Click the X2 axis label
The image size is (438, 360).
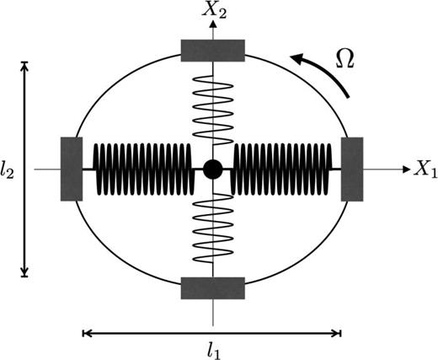coord(215,11)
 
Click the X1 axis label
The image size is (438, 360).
coord(426,169)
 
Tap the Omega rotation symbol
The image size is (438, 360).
coord(345,59)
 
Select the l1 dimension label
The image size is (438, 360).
coord(212,351)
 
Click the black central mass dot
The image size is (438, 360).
coord(213,169)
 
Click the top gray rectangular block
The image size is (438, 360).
coord(213,51)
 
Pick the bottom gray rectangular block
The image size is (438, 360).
coord(213,288)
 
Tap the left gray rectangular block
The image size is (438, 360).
coord(72,169)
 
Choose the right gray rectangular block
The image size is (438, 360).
coord(352,169)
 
